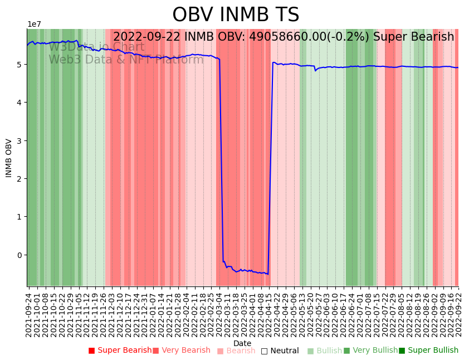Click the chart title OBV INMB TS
tap(236, 15)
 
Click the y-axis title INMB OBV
tap(9, 158)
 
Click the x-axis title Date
tap(242, 343)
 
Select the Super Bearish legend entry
tap(120, 351)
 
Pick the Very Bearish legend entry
tap(182, 351)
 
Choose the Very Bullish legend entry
tap(370, 351)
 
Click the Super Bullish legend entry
tap(428, 351)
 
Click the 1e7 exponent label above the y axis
tap(34, 24)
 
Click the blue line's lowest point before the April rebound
tap(268, 274)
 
